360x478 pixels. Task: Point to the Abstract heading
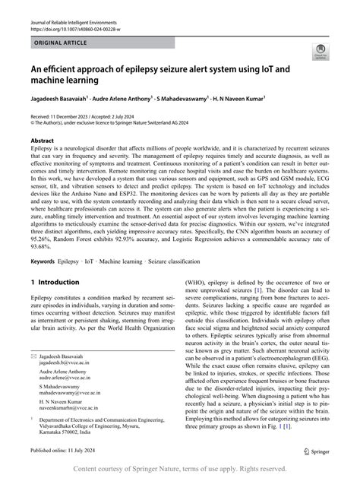42,141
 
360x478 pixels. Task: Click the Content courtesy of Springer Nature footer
179,470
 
